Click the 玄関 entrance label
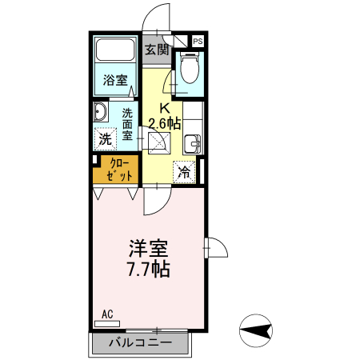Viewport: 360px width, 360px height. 157,50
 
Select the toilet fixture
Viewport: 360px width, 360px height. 190,68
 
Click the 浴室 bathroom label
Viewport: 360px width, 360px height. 115,80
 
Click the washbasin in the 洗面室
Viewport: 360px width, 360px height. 100,111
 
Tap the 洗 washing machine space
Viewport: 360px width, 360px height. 105,138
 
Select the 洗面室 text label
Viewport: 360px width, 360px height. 127,124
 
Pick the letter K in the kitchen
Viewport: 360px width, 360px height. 166,108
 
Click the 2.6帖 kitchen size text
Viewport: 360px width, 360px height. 165,123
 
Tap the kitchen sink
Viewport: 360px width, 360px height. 193,145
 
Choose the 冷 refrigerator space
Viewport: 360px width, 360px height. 184,171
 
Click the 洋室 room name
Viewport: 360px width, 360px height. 149,248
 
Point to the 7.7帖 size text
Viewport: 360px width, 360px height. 149,269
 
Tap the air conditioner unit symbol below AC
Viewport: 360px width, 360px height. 106,324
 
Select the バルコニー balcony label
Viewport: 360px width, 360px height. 140,344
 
